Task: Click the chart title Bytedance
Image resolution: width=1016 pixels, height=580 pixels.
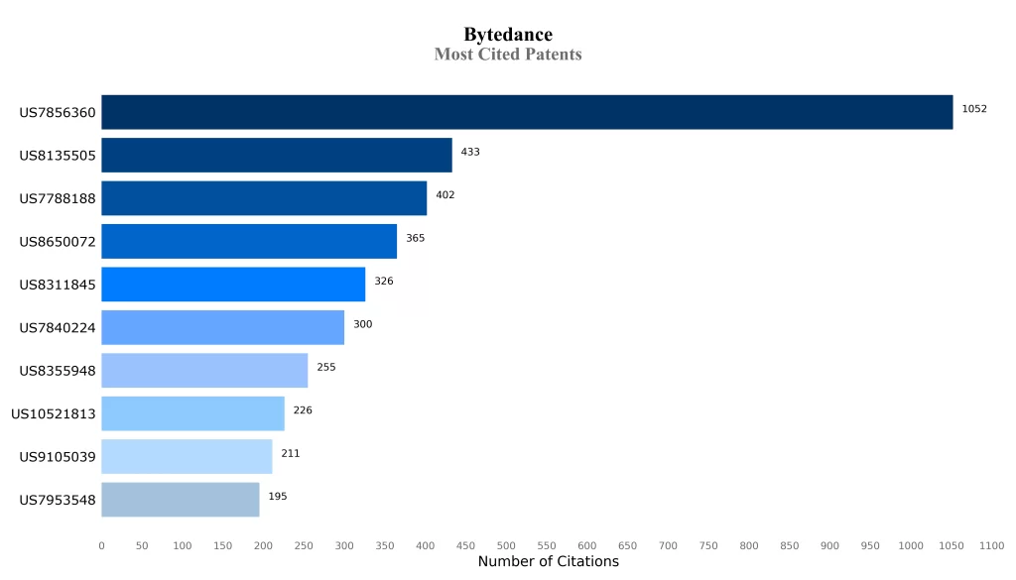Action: point(507,36)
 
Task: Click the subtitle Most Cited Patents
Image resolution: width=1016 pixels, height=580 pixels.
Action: point(507,55)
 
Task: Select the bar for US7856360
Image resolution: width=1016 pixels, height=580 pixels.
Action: point(527,112)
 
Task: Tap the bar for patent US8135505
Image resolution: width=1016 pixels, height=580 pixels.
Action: point(277,156)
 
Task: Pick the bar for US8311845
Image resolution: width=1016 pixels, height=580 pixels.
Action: point(233,285)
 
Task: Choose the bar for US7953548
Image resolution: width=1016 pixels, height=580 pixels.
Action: point(181,500)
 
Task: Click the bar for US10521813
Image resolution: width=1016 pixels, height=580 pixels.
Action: point(192,413)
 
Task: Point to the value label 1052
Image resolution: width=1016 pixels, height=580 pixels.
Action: point(974,109)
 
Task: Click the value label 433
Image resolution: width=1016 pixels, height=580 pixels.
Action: point(470,152)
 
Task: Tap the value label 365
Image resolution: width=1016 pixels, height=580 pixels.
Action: point(415,238)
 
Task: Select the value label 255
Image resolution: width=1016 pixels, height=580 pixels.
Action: point(326,367)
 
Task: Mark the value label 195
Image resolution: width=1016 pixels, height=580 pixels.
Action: point(278,496)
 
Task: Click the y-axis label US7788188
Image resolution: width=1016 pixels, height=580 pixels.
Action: point(58,198)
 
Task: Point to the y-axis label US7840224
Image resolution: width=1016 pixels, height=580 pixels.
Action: point(58,327)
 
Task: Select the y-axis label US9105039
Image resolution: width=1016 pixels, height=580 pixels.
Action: point(58,456)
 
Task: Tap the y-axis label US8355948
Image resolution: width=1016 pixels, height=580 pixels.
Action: point(58,371)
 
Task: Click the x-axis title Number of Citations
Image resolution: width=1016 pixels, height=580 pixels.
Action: point(548,562)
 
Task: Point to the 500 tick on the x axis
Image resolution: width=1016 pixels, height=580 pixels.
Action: point(506,545)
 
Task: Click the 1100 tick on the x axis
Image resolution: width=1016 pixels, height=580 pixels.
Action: point(991,545)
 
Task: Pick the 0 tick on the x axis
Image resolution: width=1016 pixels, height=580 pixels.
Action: point(101,545)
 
